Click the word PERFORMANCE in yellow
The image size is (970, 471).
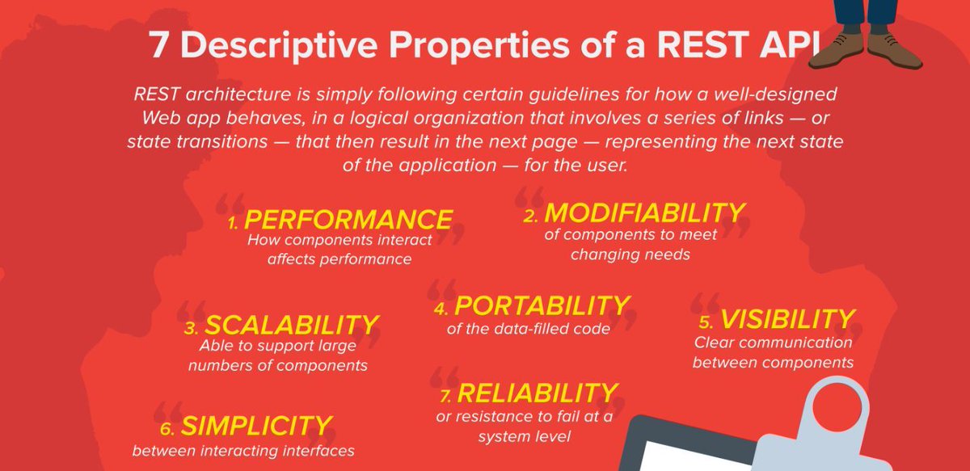coord(348,220)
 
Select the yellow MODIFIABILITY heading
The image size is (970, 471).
coord(644,213)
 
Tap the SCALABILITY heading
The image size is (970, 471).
coord(292,325)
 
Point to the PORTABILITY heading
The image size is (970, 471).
coord(542,305)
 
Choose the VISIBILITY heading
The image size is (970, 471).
coord(787,319)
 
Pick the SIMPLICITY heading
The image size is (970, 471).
coord(256,426)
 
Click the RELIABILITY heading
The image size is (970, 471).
coord(538,393)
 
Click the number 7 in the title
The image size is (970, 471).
coord(158,45)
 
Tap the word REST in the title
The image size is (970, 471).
coord(702,45)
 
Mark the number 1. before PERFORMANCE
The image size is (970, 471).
coord(233,223)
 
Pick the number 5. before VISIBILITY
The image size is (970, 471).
coord(706,322)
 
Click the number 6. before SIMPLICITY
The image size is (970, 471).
coord(167,429)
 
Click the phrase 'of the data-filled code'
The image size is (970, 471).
coord(529,329)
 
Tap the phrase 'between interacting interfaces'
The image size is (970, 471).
coord(243,451)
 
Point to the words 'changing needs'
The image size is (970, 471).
coord(630,254)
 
